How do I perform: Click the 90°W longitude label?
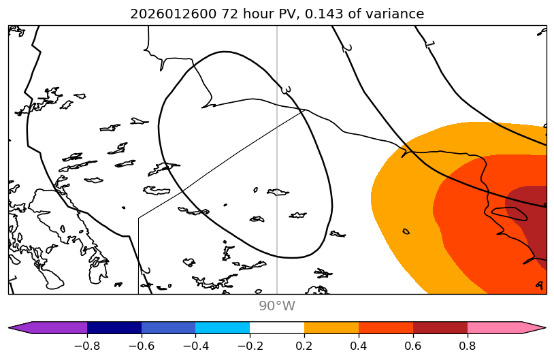[277, 306]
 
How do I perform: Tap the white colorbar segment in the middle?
[277, 327]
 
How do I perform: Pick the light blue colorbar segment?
[223, 327]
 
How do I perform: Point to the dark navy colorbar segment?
[114, 327]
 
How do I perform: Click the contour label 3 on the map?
[287, 90]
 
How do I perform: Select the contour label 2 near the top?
[346, 48]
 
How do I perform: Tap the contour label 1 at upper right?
[429, 44]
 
